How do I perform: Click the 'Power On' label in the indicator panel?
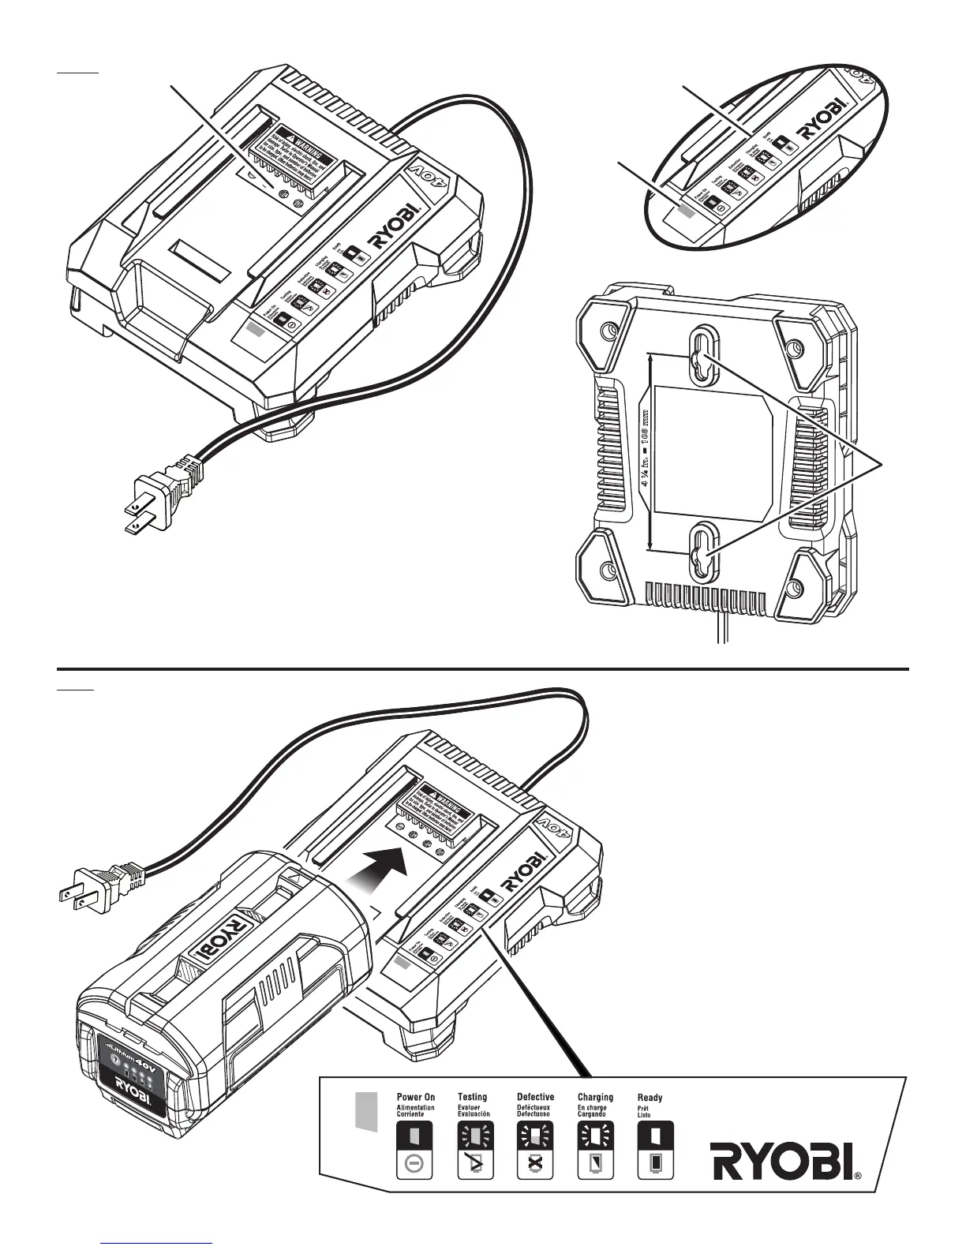pyautogui.click(x=415, y=1096)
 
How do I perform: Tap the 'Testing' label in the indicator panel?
pyautogui.click(x=472, y=1096)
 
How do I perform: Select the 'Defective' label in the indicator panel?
pyautogui.click(x=535, y=1096)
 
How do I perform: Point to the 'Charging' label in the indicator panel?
pyautogui.click(x=595, y=1096)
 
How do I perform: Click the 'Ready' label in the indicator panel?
pyautogui.click(x=650, y=1097)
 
